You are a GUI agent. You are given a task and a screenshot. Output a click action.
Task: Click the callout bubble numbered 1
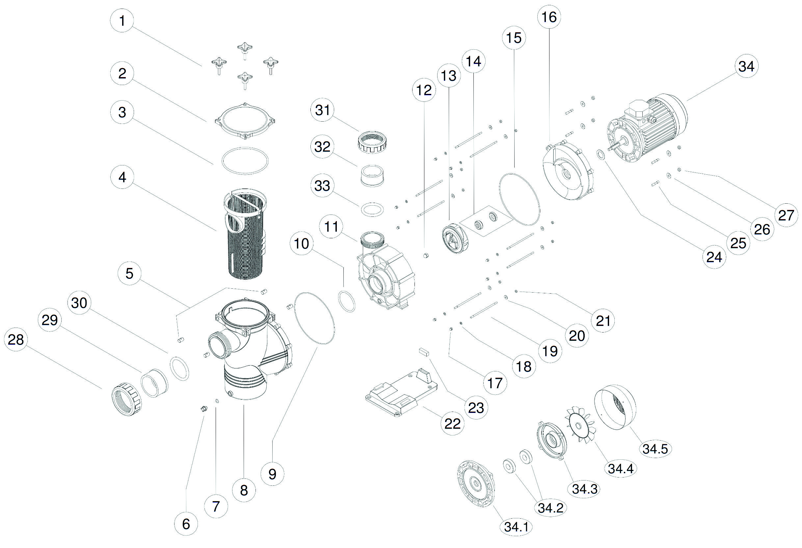click(122, 20)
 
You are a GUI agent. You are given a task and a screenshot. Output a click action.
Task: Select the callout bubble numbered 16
click(549, 16)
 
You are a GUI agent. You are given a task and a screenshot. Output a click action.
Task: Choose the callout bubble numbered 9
click(272, 474)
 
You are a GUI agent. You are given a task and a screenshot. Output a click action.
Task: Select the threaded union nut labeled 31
click(370, 143)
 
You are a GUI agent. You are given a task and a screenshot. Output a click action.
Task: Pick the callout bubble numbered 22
click(452, 423)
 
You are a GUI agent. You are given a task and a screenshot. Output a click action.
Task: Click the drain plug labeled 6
click(203, 409)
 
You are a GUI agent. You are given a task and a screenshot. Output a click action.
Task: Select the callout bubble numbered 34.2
click(550, 507)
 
